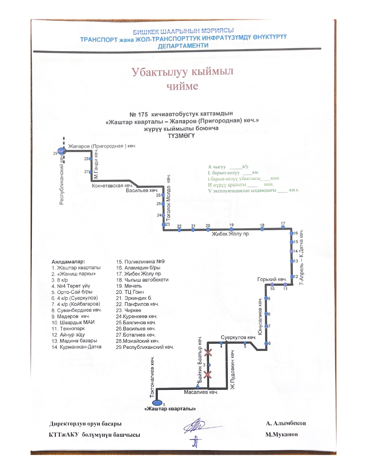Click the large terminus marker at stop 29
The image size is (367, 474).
tap(62, 151)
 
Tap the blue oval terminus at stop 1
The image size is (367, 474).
tap(157, 402)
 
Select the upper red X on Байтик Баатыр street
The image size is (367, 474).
tap(208, 352)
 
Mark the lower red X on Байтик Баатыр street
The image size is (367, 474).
tap(208, 375)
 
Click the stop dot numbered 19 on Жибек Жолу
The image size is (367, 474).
tap(231, 229)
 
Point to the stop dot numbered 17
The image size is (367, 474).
tap(283, 227)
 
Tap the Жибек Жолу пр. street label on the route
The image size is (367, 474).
tap(231, 234)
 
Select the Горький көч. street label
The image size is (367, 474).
tap(272, 279)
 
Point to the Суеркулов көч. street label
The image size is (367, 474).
tap(238, 337)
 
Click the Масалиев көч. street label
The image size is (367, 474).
tap(201, 392)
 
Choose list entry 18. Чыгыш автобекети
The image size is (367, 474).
tap(142, 280)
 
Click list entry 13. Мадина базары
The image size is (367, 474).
tap(74, 341)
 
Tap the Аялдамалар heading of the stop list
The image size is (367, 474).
tap(68, 262)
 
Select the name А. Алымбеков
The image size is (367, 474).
tap(286, 423)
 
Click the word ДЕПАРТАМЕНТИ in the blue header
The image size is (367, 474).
tap(183, 46)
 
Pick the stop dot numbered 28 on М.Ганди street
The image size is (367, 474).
tap(90, 159)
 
